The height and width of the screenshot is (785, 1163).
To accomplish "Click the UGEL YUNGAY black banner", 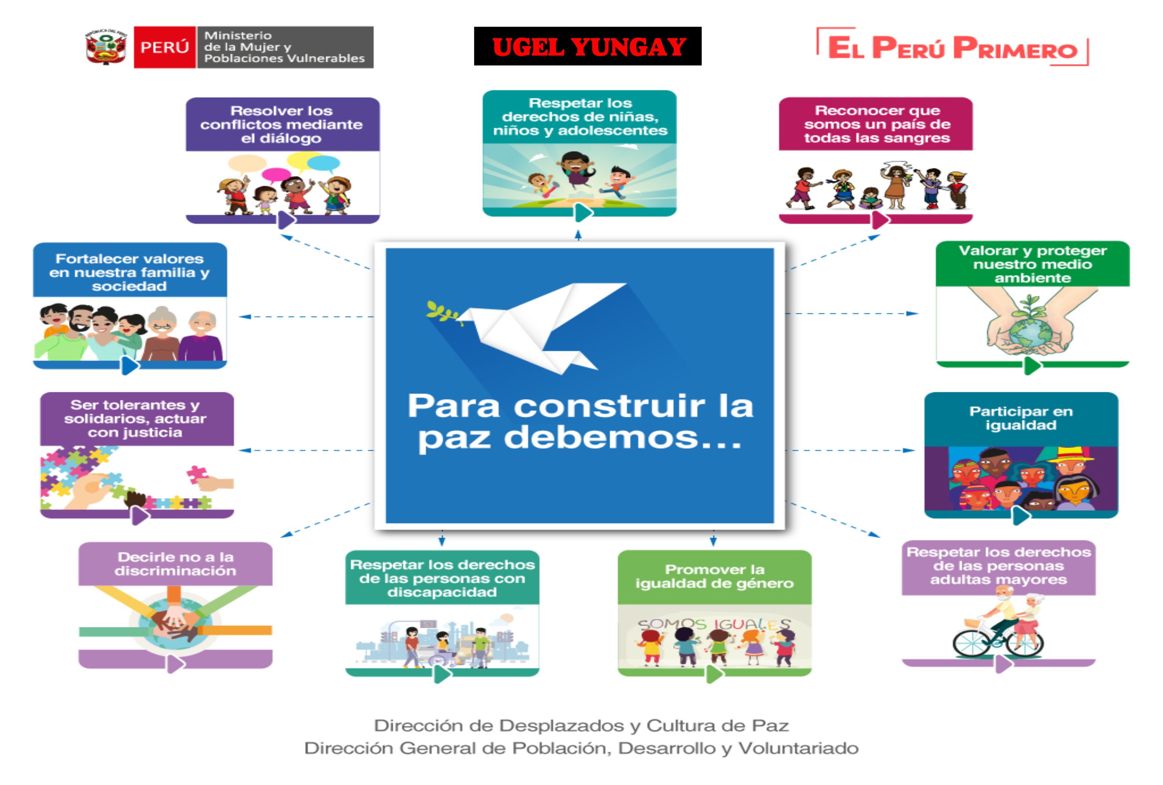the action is (x=588, y=46).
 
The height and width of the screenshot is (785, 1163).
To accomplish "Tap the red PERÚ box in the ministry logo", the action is (x=165, y=47).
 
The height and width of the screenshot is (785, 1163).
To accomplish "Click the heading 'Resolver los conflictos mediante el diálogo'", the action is (x=282, y=124).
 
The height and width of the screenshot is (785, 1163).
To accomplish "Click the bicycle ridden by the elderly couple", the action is (x=998, y=638).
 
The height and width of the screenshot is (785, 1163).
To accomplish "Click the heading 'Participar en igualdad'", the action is (x=1021, y=418).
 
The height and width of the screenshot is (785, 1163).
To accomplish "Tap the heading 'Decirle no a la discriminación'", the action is (x=175, y=564).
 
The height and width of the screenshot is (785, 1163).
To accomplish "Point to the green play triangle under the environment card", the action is (x=1032, y=365).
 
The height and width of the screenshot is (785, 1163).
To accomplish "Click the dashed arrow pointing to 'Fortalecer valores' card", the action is (x=306, y=316).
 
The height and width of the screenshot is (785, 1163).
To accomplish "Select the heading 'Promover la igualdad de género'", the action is (x=715, y=576).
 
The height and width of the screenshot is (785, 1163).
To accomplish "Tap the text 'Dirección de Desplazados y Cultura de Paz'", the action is (x=581, y=725).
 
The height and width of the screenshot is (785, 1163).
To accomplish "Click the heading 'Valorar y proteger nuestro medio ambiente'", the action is (x=1032, y=264).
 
